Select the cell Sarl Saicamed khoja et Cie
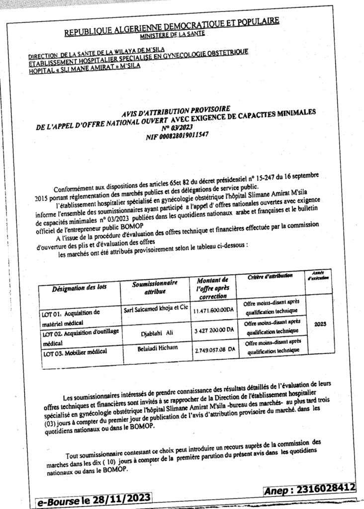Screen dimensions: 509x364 coord(154,310)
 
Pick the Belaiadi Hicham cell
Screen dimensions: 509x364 coord(154,350)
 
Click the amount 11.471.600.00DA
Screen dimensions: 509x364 coord(213,310)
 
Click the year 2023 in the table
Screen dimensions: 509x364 coord(320,323)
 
